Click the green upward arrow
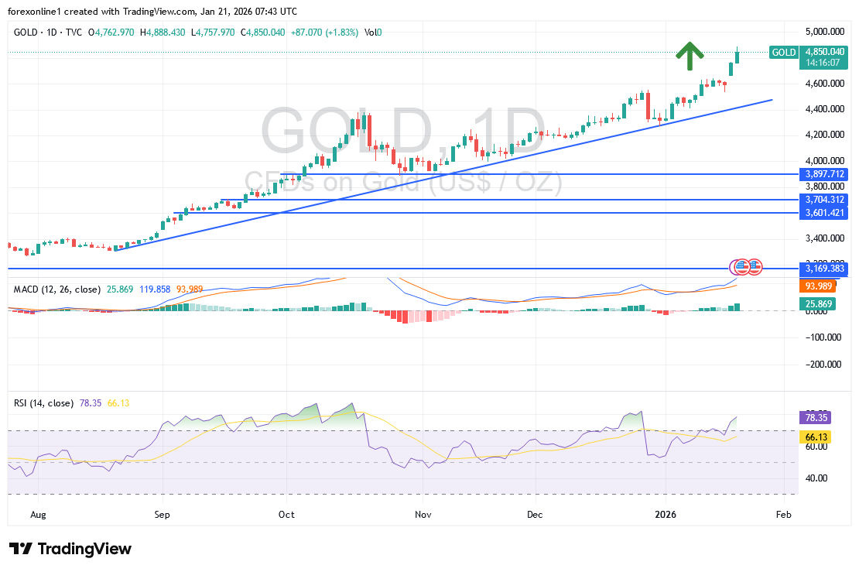(689, 53)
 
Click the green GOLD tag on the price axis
(783, 53)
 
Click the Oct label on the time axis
(286, 514)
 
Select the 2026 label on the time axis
(666, 514)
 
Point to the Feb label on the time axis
(783, 514)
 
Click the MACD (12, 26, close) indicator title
(57, 289)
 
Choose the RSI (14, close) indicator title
(43, 403)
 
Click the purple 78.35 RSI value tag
(817, 417)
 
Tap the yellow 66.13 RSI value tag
(817, 437)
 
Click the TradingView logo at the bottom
(70, 549)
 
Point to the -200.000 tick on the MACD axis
(823, 364)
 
